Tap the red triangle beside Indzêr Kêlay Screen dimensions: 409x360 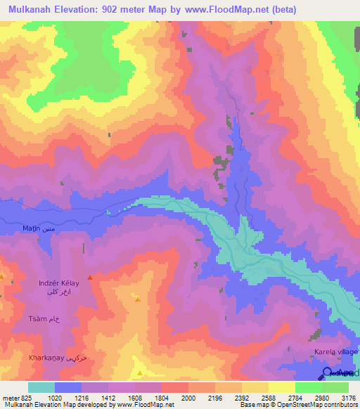(90, 278)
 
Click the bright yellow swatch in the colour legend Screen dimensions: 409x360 (282, 387)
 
